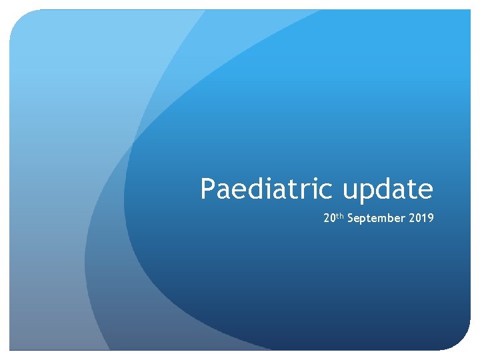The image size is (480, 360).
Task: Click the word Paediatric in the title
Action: [266, 188]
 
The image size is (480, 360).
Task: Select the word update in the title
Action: [388, 190]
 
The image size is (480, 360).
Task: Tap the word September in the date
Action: [376, 218]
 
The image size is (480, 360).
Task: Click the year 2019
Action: [421, 217]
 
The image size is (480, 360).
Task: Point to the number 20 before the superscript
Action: [329, 217]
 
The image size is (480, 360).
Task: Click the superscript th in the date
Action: [340, 216]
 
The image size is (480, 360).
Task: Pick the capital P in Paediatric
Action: [207, 189]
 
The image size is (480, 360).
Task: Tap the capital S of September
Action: [351, 217]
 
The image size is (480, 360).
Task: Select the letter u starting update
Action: [349, 191]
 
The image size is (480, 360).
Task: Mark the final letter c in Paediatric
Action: [326, 191]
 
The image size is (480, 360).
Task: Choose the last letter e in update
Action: [427, 191]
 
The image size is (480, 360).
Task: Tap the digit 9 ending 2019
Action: [431, 217]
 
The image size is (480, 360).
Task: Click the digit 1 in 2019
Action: [424, 217]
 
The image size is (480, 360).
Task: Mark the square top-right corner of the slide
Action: [471, 9]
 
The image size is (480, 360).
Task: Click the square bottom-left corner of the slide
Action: [9, 350]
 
